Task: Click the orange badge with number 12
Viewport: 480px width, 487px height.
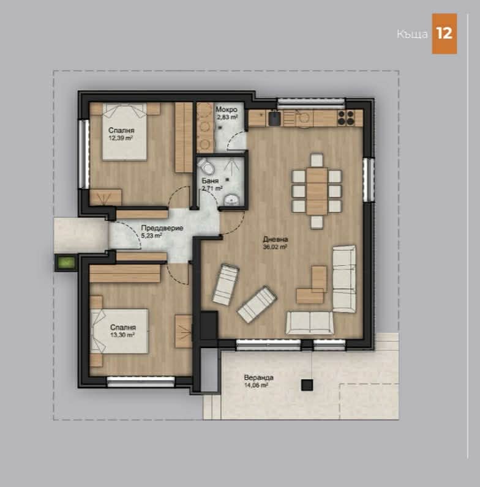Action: [x=444, y=34]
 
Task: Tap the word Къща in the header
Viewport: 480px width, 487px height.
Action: [x=411, y=34]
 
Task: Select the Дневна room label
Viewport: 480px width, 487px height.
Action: [x=275, y=239]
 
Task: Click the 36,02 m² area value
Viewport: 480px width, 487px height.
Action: [x=275, y=247]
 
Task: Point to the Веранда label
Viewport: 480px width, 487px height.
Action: [x=254, y=377]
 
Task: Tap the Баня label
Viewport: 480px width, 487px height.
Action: [x=208, y=180]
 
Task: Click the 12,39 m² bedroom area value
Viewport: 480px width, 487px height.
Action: [x=121, y=138]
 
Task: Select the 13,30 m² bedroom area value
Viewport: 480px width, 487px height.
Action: [x=122, y=335]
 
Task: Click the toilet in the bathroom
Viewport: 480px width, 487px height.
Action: [x=206, y=167]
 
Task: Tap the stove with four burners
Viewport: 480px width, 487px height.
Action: [x=346, y=117]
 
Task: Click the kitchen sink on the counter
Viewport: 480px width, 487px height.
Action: [x=274, y=117]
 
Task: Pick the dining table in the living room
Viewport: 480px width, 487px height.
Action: [x=317, y=190]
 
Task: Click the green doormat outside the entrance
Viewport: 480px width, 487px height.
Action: [x=66, y=263]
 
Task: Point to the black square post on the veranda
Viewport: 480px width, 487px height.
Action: [x=307, y=384]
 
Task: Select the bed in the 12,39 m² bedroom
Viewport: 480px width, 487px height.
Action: [x=124, y=133]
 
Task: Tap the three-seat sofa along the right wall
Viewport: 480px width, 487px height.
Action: [x=343, y=278]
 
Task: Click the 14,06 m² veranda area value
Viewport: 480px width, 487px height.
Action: [x=255, y=385]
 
